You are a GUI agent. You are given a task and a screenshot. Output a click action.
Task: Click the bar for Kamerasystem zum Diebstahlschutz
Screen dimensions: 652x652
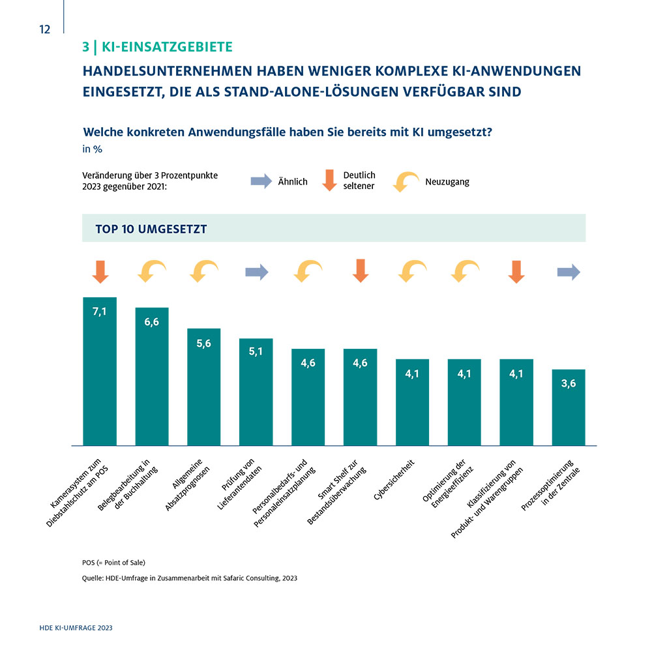tap(100, 372)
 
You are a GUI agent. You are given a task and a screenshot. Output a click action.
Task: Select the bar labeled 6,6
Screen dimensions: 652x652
tap(152, 377)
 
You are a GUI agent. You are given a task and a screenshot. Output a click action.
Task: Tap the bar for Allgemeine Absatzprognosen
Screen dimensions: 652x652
tap(203, 387)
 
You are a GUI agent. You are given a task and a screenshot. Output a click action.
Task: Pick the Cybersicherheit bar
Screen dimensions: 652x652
tap(412, 402)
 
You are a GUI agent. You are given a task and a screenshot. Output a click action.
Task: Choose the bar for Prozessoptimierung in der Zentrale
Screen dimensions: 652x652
tap(569, 407)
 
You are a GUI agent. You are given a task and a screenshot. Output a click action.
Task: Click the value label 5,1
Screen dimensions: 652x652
tap(256, 352)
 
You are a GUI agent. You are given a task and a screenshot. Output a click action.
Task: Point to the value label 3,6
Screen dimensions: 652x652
tap(569, 383)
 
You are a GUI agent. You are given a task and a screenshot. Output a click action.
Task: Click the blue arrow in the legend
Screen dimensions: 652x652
tap(261, 181)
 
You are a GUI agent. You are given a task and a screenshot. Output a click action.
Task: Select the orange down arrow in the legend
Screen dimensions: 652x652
tap(329, 180)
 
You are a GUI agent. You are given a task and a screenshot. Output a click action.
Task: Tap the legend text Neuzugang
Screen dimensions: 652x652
tap(447, 182)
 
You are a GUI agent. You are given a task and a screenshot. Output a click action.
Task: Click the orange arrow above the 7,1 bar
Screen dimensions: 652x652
tap(100, 272)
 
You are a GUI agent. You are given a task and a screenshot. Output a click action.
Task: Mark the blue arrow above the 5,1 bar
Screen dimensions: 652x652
tap(257, 273)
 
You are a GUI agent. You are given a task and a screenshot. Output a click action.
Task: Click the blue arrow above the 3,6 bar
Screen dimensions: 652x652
tap(569, 273)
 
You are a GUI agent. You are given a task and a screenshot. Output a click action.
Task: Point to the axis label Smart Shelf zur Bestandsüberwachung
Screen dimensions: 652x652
tap(337, 492)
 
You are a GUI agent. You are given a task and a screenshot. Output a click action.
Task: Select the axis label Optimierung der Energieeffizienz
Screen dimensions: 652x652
tap(448, 483)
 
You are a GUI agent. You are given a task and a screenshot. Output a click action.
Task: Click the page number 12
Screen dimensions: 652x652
tap(44, 29)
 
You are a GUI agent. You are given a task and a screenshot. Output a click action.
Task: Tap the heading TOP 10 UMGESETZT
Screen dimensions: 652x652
tap(151, 229)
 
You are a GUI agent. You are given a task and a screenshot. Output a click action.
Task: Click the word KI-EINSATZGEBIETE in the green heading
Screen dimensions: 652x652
tap(167, 47)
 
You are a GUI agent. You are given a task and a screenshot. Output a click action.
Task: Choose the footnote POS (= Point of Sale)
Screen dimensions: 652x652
tap(113, 563)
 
